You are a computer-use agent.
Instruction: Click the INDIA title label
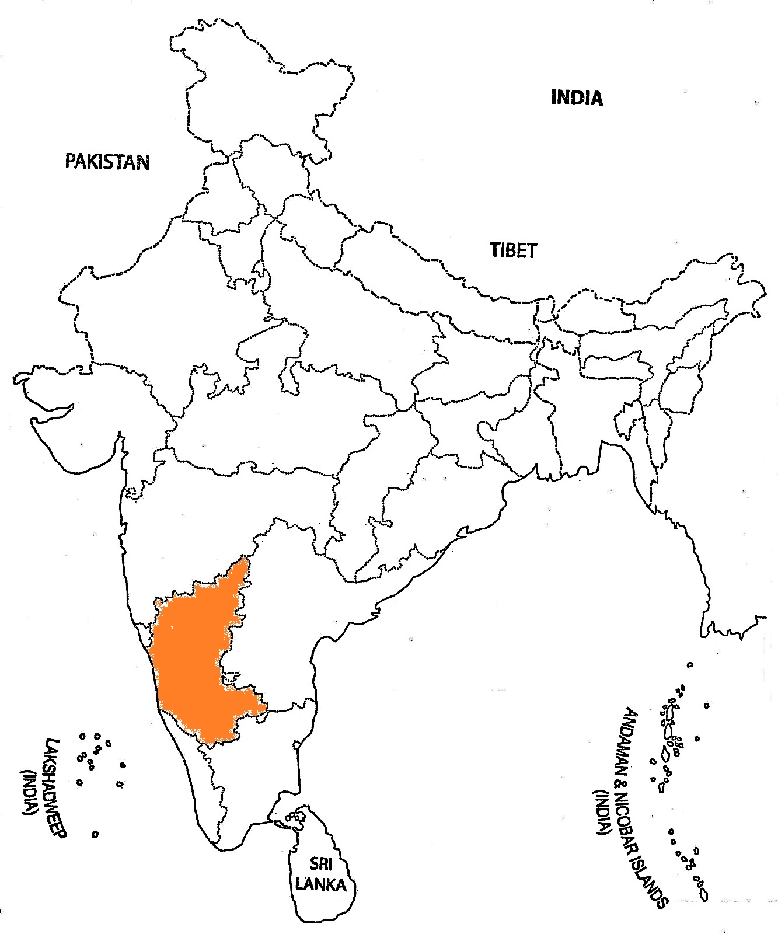[576, 97]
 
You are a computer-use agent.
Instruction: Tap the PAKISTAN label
[107, 161]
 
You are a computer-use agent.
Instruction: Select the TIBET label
[513, 250]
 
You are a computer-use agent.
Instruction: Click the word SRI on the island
[320, 863]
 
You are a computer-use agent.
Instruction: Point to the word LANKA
[320, 884]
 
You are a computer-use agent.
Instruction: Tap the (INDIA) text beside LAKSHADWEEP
[27, 794]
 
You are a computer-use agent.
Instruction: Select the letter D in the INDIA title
[576, 97]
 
